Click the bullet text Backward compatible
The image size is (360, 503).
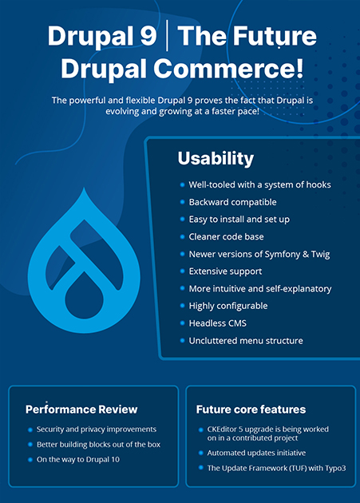[232, 202]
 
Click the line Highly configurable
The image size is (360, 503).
[228, 306]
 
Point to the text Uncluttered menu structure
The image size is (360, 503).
[247, 341]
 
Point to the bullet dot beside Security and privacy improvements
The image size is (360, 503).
[29, 430]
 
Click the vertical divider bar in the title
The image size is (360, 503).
[168, 38]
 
